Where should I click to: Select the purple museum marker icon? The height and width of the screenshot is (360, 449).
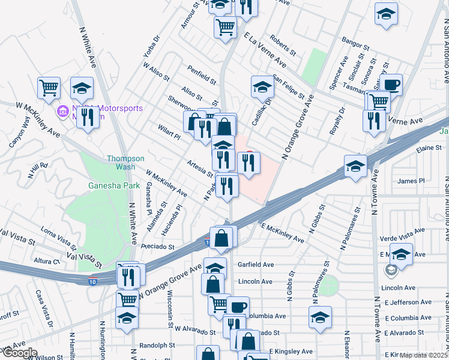pos(62,112)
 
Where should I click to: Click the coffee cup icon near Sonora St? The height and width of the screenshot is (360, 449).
pos(391,85)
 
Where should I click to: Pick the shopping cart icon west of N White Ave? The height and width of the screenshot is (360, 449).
pos(49,88)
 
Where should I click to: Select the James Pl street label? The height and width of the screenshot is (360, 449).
pos(411,181)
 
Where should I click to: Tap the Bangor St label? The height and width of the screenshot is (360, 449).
pos(355,43)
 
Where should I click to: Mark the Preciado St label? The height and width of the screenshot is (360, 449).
pos(157,247)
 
